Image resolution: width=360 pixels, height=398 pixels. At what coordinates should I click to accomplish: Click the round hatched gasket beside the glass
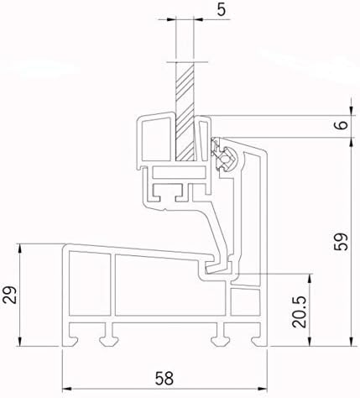pos(223,155)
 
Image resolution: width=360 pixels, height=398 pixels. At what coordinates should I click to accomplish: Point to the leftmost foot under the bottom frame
pos(77,338)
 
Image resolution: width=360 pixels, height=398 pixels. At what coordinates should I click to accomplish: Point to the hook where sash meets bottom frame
pos(217,267)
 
